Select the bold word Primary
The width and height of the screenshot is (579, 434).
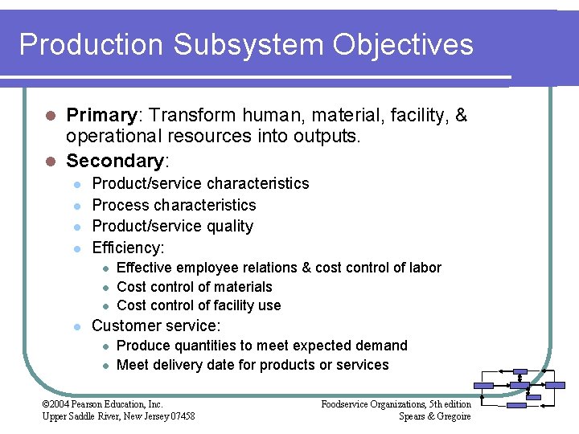click(101, 116)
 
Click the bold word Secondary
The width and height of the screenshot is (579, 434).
click(115, 161)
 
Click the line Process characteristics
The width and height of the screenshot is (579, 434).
click(174, 205)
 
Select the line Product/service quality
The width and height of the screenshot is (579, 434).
click(172, 226)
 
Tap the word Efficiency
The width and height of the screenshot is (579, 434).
click(127, 248)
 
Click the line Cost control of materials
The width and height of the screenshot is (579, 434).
click(194, 286)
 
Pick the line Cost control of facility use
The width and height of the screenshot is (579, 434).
click(199, 305)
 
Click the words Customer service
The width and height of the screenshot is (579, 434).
click(155, 325)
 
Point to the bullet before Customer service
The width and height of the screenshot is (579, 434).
click(76, 326)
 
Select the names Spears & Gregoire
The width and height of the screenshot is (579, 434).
click(434, 416)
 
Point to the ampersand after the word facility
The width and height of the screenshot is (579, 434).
click(462, 116)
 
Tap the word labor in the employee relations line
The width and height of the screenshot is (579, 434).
click(426, 268)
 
